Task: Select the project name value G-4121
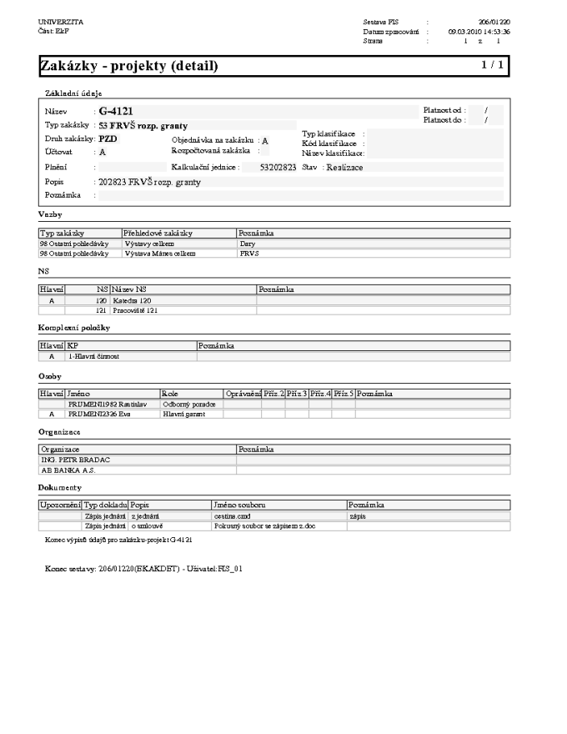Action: click(116, 111)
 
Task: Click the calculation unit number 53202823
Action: click(278, 168)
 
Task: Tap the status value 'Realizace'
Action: click(344, 168)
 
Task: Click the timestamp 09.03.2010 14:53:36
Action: click(479, 31)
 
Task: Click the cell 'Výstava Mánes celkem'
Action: click(159, 252)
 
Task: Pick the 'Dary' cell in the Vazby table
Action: click(247, 243)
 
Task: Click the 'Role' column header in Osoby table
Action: click(170, 393)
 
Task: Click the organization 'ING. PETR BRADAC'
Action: click(76, 460)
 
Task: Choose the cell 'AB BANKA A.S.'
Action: click(70, 470)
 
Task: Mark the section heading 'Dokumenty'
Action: click(59, 486)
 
